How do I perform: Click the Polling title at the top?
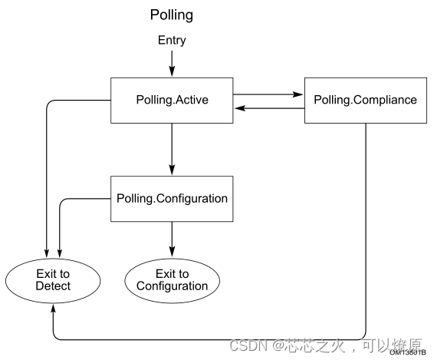tap(171, 15)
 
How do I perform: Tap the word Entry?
tap(172, 40)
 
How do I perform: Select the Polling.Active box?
tap(172, 100)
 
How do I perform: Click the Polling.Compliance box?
tap(365, 100)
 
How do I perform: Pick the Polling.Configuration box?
tap(172, 198)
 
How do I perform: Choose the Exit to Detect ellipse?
tap(52, 280)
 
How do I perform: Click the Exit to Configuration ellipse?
tap(172, 280)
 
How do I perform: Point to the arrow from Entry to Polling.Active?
tap(172, 61)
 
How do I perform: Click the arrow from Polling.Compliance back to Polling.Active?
tap(268, 108)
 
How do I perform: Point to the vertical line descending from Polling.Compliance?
tap(367, 230)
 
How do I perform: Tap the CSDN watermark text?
tap(246, 345)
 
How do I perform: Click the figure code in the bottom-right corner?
tap(407, 353)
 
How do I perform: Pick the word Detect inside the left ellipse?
tap(52, 286)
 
